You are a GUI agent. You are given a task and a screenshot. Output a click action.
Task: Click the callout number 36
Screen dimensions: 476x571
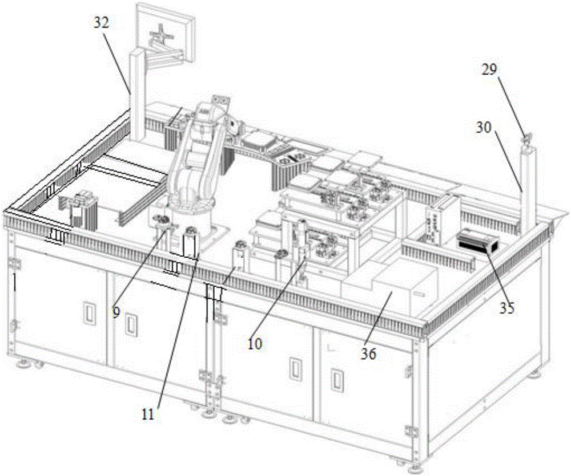(369, 354)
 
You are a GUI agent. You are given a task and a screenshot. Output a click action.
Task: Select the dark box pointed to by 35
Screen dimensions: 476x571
(477, 241)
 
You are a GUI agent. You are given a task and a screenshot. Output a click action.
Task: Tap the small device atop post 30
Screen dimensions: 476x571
(526, 138)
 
